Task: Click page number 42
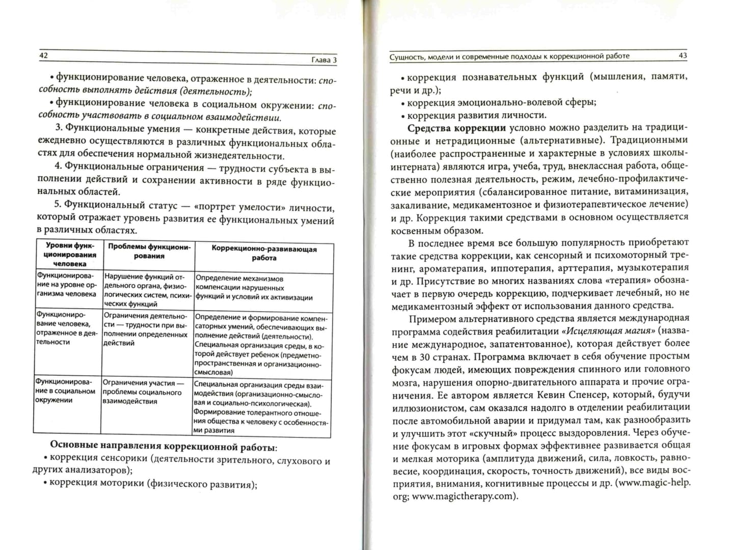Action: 43,56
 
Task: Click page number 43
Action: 683,56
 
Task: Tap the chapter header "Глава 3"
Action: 324,60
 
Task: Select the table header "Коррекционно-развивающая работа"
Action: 264,254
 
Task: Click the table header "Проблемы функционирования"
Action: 149,251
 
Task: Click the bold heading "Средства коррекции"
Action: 456,128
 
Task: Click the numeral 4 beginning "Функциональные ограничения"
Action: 58,167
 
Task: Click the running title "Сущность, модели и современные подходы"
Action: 509,56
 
